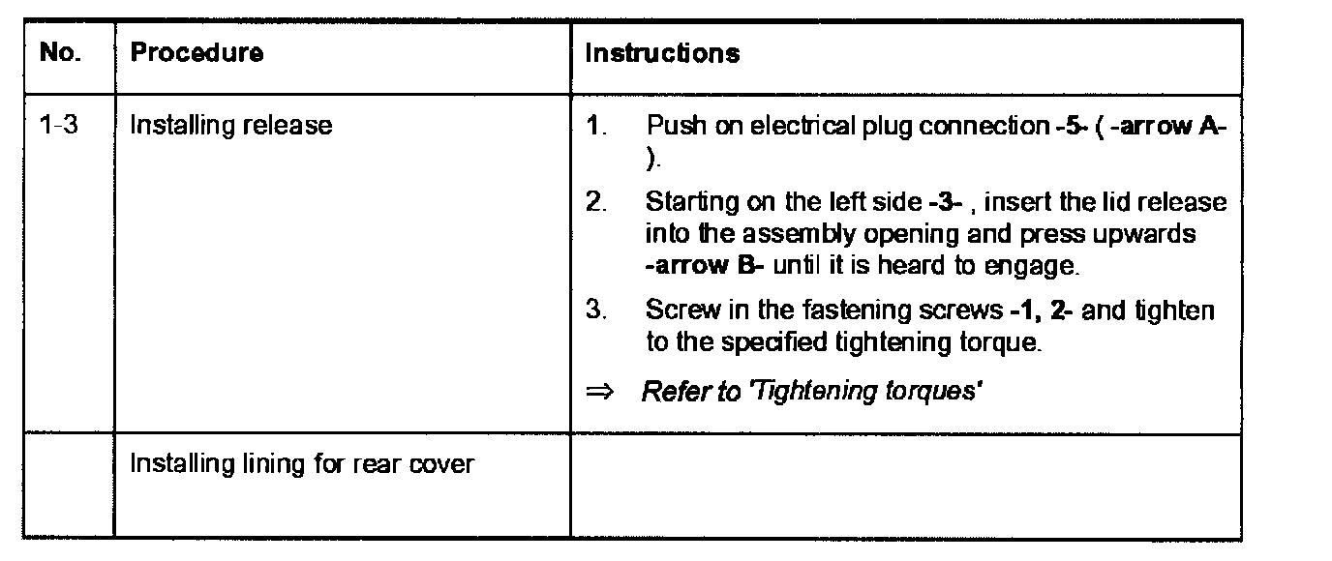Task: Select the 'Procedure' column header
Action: point(197,53)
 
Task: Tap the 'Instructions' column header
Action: point(662,53)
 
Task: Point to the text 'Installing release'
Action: point(230,126)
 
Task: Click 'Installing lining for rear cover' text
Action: point(302,464)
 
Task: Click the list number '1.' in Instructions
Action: point(595,126)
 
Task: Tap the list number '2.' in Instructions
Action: point(595,204)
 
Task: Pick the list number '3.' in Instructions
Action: point(595,312)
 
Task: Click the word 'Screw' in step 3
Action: point(675,312)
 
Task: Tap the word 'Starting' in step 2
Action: point(683,204)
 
